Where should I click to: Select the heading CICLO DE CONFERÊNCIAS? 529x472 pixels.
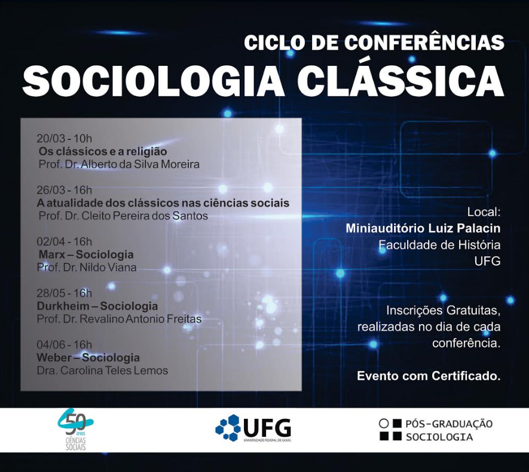tap(374, 42)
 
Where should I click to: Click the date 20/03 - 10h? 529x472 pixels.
tap(65, 139)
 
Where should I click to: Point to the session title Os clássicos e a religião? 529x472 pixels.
tap(103, 151)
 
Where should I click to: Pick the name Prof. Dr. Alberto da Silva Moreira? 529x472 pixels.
tap(118, 164)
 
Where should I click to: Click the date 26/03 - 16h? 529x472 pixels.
tap(65, 190)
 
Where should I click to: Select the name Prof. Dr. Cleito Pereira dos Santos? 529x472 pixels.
tap(123, 215)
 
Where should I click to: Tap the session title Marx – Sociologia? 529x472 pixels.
tap(85, 254)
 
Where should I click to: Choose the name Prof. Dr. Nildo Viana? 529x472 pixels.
tap(87, 267)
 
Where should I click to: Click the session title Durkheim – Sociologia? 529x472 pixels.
tap(97, 306)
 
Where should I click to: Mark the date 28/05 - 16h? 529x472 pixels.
tap(65, 293)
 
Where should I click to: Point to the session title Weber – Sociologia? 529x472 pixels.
tap(88, 358)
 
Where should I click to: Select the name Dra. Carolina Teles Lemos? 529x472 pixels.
tap(102, 370)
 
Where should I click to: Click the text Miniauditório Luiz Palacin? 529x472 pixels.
tap(423, 228)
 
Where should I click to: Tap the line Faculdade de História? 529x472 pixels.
tap(439, 245)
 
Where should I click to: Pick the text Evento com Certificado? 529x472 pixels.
tap(429, 376)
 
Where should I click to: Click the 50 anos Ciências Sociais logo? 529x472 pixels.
tap(75, 429)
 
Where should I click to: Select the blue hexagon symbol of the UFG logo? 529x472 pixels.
tap(228, 428)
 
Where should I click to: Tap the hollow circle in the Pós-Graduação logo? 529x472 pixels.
tap(384, 424)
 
